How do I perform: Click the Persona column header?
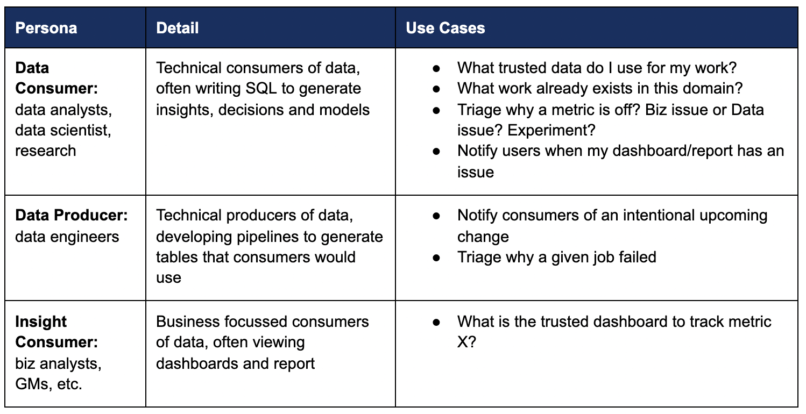(46, 28)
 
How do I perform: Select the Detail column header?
(177, 28)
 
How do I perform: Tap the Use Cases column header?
(445, 28)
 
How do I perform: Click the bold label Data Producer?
(71, 215)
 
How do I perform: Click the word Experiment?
(552, 130)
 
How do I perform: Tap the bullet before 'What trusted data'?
(436, 68)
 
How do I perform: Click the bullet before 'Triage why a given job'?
(436, 258)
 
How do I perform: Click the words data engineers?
(67, 237)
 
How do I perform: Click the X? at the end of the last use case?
(466, 342)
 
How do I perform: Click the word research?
(45, 151)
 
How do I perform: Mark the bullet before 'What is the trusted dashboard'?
(436, 322)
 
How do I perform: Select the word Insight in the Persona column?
(41, 322)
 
